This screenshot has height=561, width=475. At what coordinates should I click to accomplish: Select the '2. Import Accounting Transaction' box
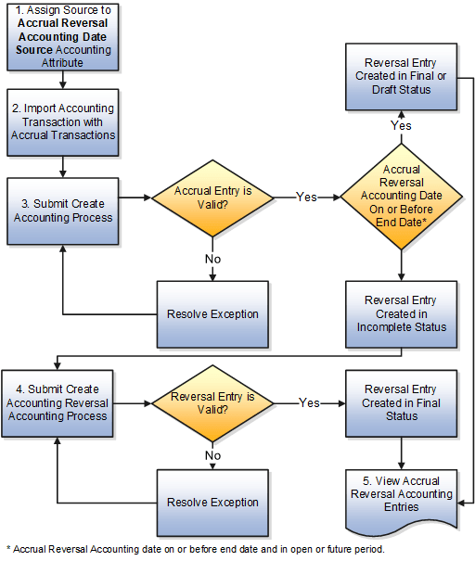click(62, 121)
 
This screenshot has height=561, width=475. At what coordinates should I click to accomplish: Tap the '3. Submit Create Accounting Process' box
click(62, 210)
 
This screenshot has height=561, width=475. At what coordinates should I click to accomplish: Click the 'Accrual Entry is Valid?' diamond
click(213, 197)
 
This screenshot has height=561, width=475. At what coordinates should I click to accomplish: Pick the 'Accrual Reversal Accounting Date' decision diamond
click(401, 196)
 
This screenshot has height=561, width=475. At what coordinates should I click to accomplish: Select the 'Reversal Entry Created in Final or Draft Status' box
click(401, 75)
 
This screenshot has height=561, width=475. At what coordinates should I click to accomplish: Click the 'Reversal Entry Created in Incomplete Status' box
click(401, 313)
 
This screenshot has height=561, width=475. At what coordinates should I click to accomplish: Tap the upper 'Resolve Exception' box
click(212, 313)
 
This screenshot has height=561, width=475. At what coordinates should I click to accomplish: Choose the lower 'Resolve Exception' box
click(212, 502)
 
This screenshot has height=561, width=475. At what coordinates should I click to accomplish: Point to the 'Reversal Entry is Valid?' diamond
click(213, 403)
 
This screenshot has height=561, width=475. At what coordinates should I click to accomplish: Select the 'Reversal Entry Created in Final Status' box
click(401, 402)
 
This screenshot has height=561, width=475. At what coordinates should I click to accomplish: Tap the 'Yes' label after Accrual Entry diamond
click(307, 197)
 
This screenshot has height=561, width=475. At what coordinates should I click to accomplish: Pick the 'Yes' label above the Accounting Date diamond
click(401, 124)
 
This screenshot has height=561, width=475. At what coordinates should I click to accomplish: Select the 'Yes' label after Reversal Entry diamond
click(310, 403)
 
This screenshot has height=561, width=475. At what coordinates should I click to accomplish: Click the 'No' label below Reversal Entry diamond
click(213, 455)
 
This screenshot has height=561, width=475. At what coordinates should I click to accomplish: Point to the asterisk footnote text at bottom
click(194, 549)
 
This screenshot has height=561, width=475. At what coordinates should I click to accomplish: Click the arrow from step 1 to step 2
click(62, 81)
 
